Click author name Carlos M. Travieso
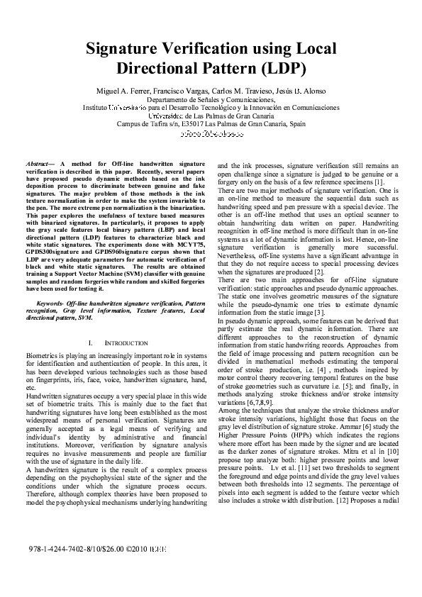pyautogui.click(x=243, y=92)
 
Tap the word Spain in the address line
pyautogui.click(x=296, y=123)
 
